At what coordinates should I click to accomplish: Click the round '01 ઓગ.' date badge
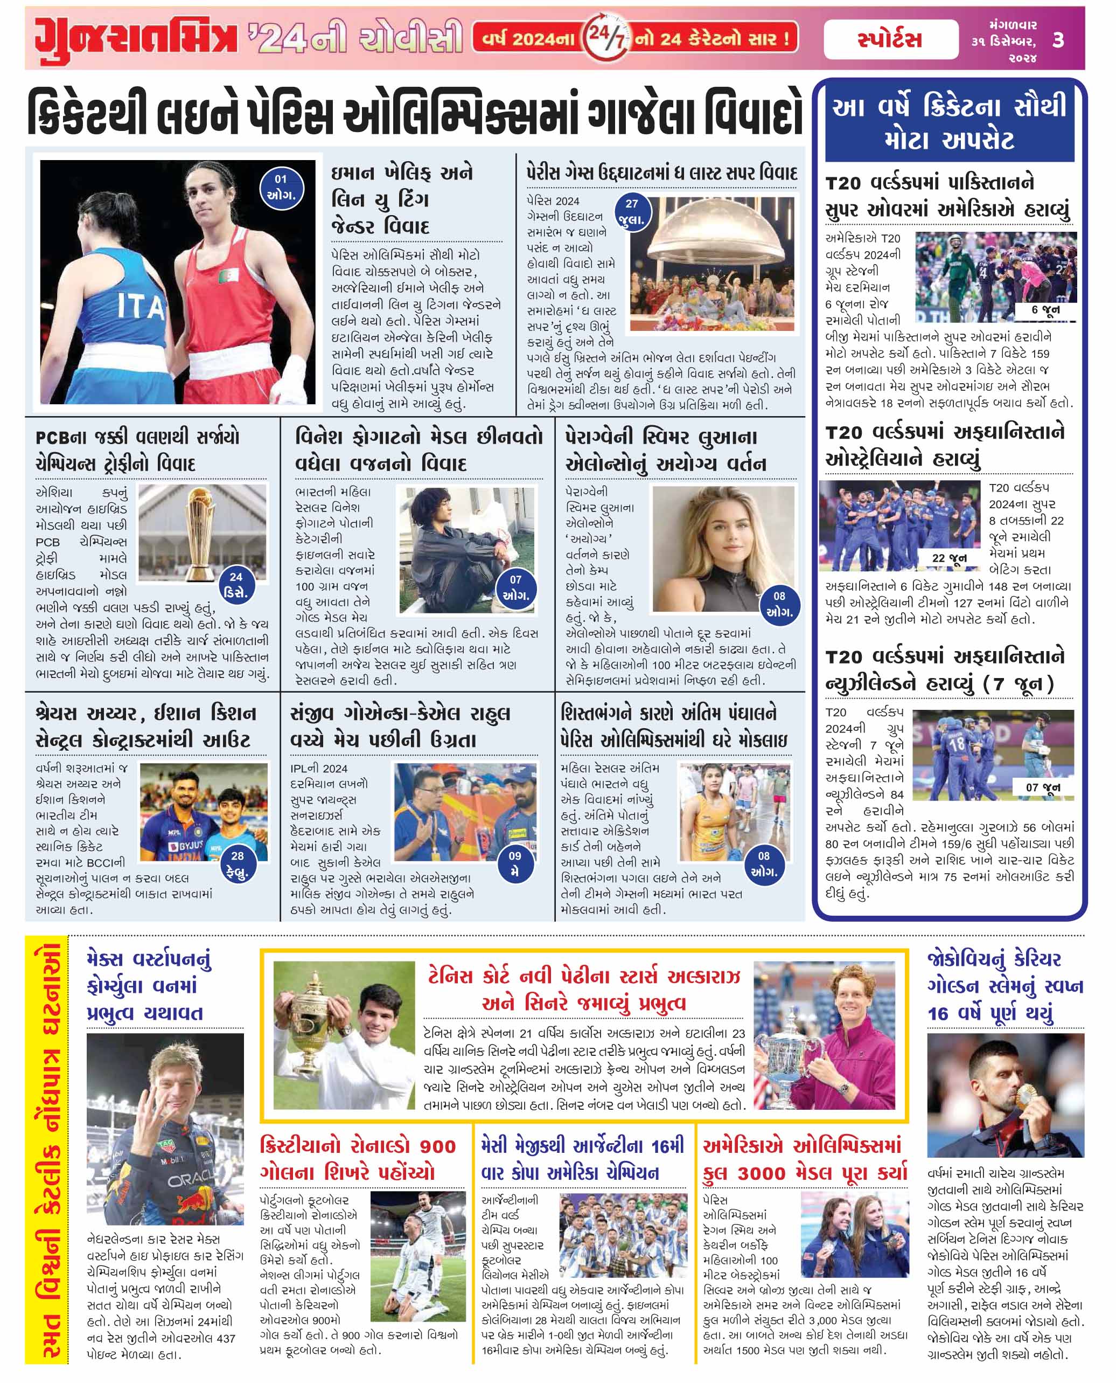point(281,187)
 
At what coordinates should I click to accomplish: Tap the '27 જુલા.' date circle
point(632,211)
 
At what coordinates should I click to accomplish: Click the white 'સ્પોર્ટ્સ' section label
point(890,40)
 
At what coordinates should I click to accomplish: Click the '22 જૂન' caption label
point(949,558)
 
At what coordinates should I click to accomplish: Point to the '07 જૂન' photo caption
point(1043,787)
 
